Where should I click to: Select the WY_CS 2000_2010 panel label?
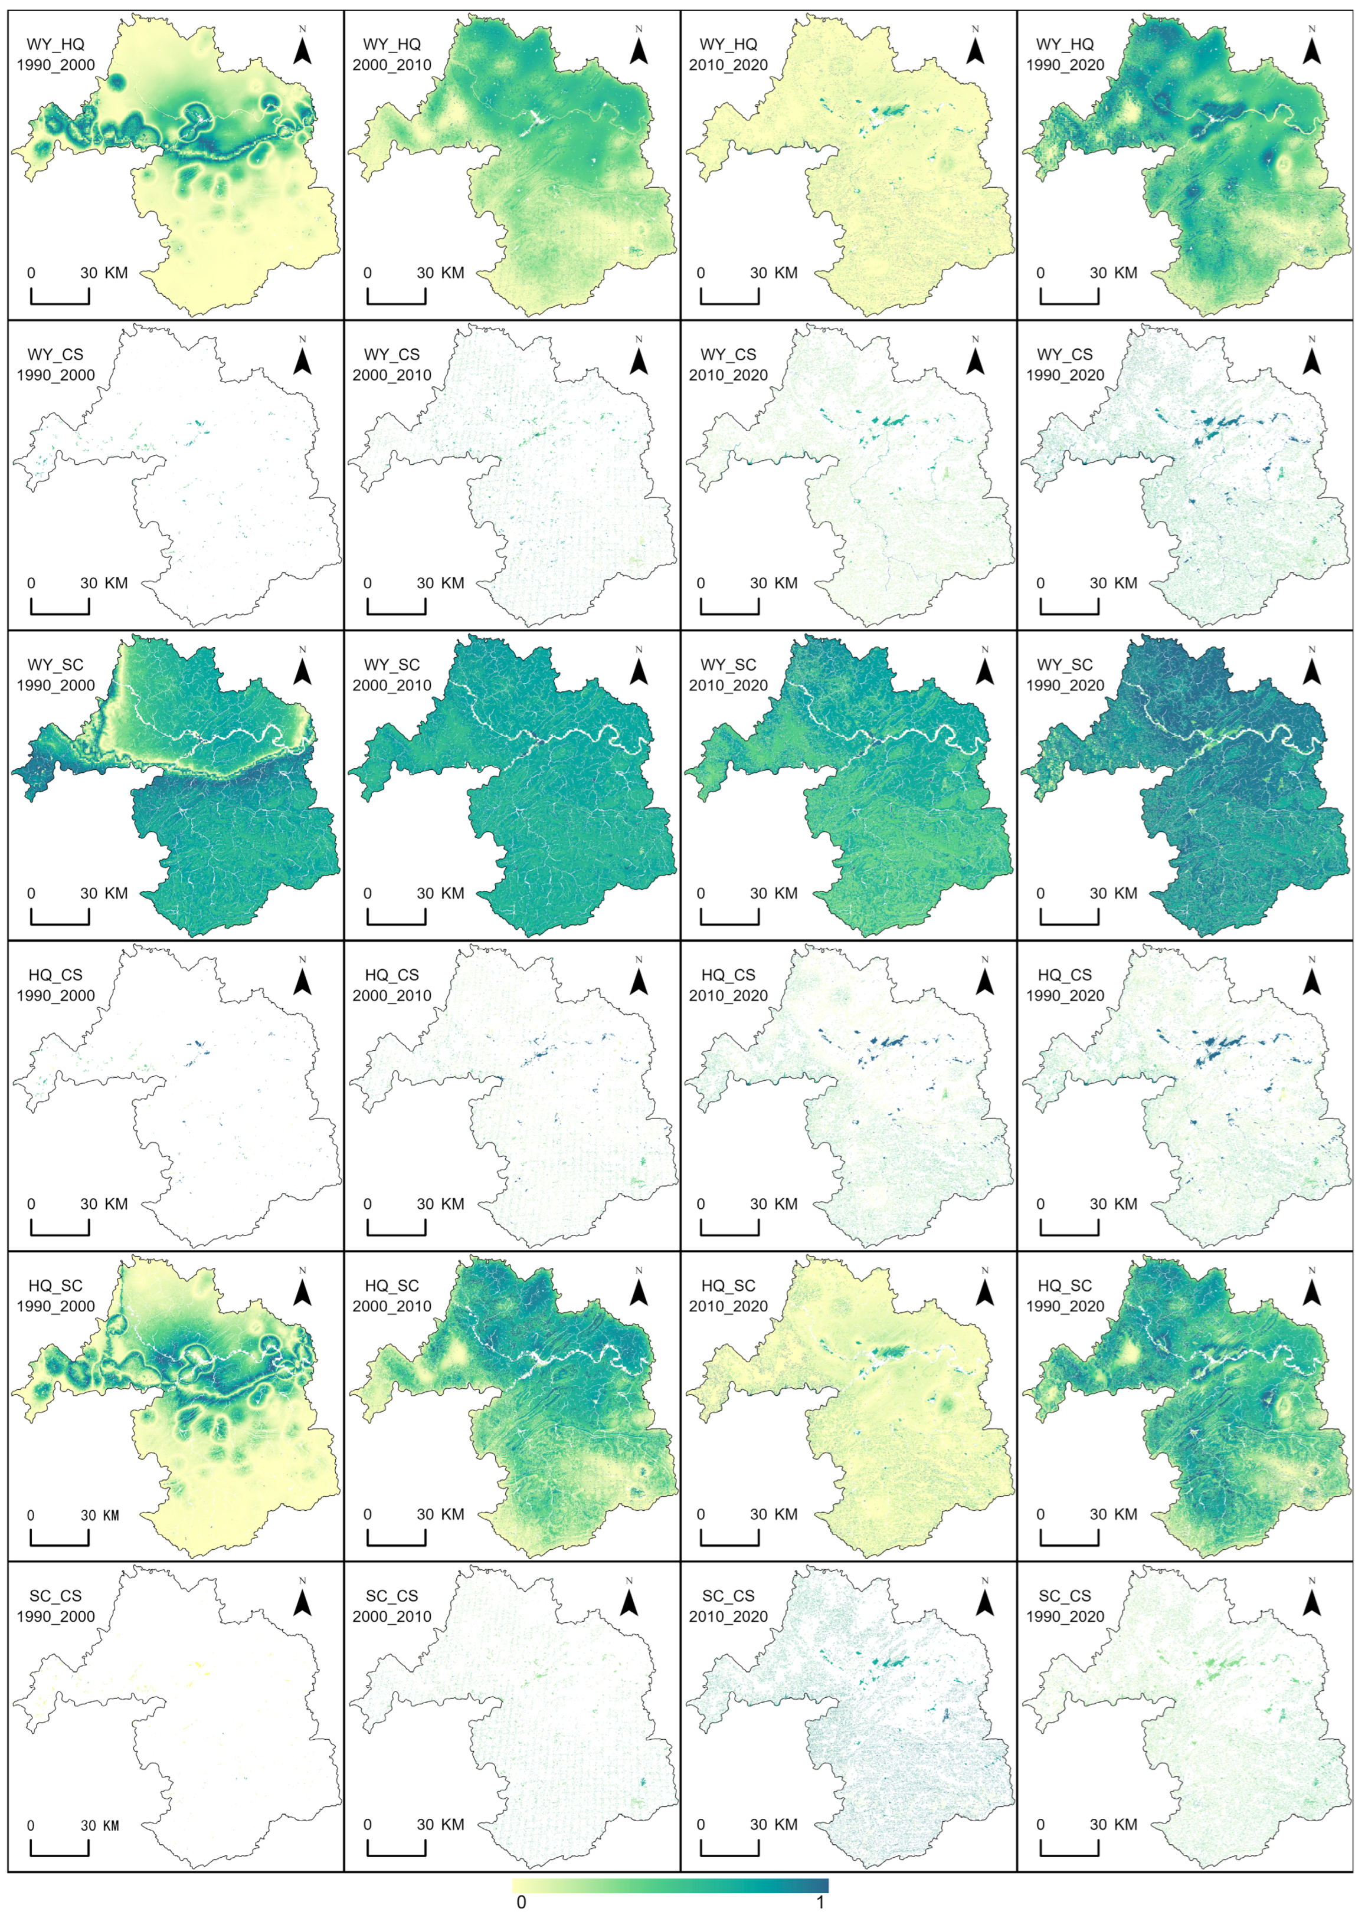click(x=392, y=365)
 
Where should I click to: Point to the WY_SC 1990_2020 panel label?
click(x=1065, y=674)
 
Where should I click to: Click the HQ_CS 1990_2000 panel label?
click(x=55, y=985)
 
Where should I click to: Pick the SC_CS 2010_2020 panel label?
click(x=729, y=1606)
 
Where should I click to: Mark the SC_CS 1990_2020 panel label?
click(x=1065, y=1606)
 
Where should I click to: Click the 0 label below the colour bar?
click(x=522, y=1901)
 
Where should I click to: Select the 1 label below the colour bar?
click(x=820, y=1901)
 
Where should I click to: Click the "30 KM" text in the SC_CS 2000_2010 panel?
click(x=440, y=1824)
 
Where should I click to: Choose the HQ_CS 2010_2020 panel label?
click(x=729, y=985)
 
